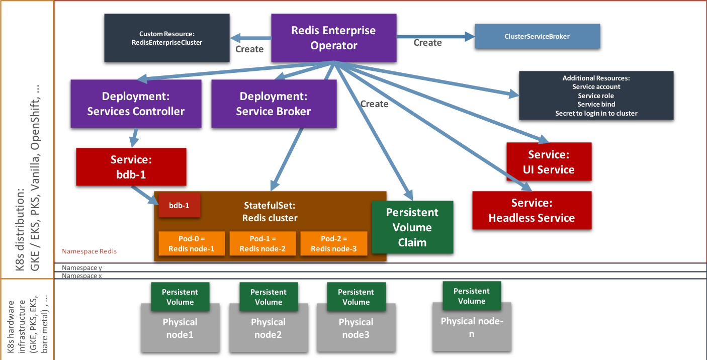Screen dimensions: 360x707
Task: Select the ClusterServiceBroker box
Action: coord(537,37)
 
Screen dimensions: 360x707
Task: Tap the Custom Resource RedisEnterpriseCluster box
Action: coord(167,38)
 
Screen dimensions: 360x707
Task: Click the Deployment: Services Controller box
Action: coord(136,104)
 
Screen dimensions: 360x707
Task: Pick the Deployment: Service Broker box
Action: coord(274,104)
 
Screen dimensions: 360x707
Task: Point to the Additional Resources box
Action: coord(596,96)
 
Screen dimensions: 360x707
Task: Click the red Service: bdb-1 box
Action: coord(131,166)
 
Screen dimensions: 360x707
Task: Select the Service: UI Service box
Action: coord(549,162)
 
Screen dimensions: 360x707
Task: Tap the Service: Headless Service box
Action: coord(532,210)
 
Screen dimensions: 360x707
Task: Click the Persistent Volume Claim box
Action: coord(412,227)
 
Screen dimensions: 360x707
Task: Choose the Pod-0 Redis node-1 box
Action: coord(192,244)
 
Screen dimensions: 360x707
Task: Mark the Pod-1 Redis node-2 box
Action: coord(262,244)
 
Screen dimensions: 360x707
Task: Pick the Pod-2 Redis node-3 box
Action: coord(334,244)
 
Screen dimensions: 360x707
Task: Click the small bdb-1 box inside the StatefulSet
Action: coord(180,206)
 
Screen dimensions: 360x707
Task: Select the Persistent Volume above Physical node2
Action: coord(269,297)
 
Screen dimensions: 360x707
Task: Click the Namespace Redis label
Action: coord(90,251)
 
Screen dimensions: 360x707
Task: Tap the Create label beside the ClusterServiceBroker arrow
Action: coord(427,43)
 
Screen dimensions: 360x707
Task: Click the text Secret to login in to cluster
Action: coord(596,113)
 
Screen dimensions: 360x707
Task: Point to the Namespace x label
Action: coord(82,276)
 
